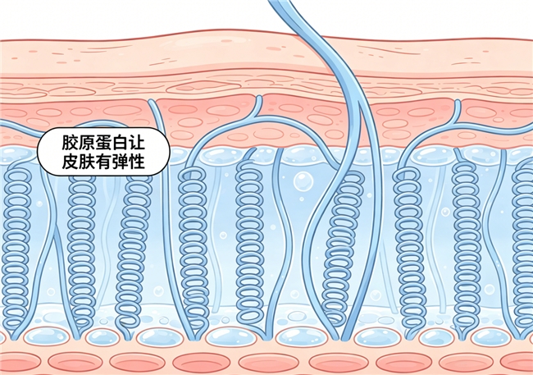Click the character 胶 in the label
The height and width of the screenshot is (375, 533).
tap(70, 143)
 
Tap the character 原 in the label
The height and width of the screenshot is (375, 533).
tap(86, 143)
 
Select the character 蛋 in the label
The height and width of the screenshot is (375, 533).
tap(103, 143)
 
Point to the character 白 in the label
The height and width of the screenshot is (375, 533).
tap(120, 143)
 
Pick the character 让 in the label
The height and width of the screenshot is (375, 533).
tap(137, 143)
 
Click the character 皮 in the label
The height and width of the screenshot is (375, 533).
tap(70, 162)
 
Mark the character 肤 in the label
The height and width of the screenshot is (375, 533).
tap(86, 162)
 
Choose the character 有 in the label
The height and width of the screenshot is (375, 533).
tap(103, 162)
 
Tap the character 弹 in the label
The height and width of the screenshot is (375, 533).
tap(120, 162)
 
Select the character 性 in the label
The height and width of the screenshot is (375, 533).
tap(137, 162)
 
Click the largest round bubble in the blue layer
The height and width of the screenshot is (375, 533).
tap(303, 181)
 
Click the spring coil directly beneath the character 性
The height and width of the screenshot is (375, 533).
tap(132, 255)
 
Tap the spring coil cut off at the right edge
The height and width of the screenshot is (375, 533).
tap(524, 249)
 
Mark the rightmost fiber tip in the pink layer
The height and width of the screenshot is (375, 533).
tap(458, 103)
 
